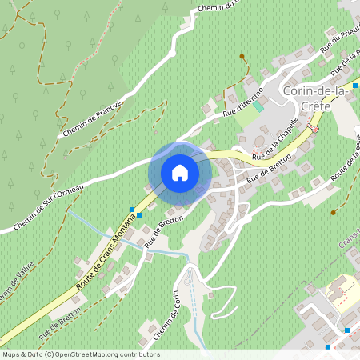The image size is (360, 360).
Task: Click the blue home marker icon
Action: click(180, 172)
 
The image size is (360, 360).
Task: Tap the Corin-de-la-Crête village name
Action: click(321, 99)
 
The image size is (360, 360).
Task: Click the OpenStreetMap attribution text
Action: click(80, 354)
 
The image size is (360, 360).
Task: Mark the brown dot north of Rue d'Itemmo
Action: click(242, 57)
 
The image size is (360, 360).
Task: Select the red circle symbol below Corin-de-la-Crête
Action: click(314, 129)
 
